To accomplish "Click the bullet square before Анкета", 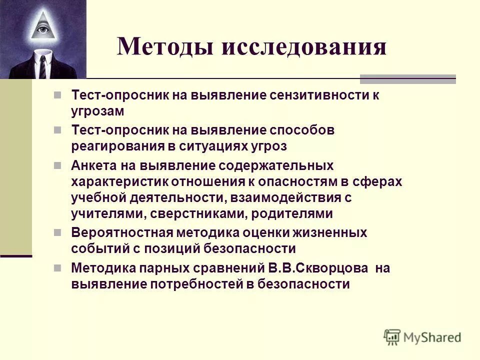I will [x=57, y=165].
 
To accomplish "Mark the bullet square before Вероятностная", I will [x=57, y=232].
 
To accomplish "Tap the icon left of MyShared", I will [x=392, y=337].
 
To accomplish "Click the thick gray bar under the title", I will [x=408, y=79].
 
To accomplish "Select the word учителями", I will [x=100, y=214].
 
